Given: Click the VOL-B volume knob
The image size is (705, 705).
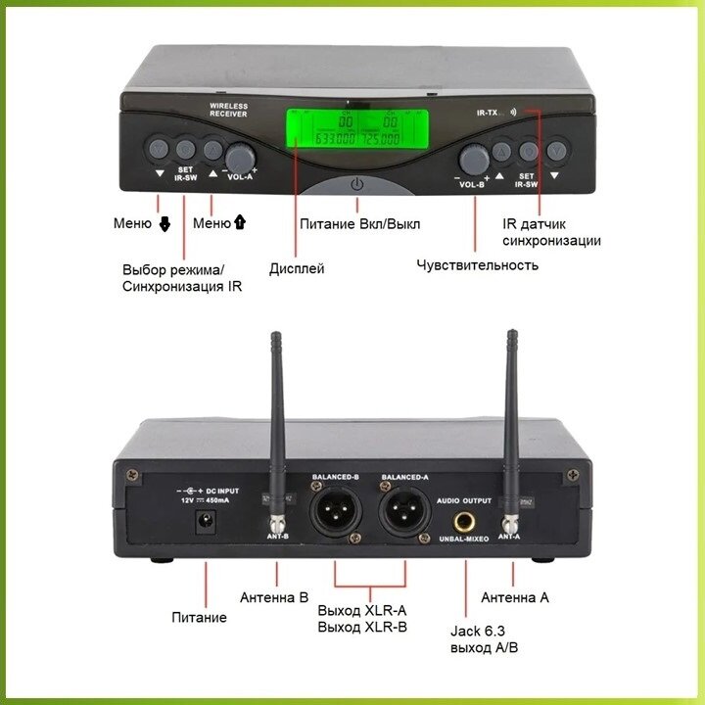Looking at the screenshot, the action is coord(476,158).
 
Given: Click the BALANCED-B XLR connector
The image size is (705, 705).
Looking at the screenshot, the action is coord(335,512).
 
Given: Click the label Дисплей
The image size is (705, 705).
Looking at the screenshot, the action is coord(297,268).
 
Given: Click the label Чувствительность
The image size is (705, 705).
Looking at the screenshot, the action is coord(477,265).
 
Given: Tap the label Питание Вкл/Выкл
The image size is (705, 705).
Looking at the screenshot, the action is coord(359,224).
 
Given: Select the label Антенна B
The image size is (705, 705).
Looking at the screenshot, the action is coord(274,596).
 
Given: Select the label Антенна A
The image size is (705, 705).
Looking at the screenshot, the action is coord(515,596).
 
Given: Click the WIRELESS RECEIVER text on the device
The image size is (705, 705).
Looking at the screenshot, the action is coord(228,109).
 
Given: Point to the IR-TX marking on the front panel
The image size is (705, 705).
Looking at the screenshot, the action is coord(486,114).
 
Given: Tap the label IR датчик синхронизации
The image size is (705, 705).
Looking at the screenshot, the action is coord(551,232).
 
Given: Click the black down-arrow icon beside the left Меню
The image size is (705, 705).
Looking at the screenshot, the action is coord(164,224).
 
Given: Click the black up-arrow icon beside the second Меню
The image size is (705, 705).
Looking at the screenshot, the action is coord(239,223).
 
